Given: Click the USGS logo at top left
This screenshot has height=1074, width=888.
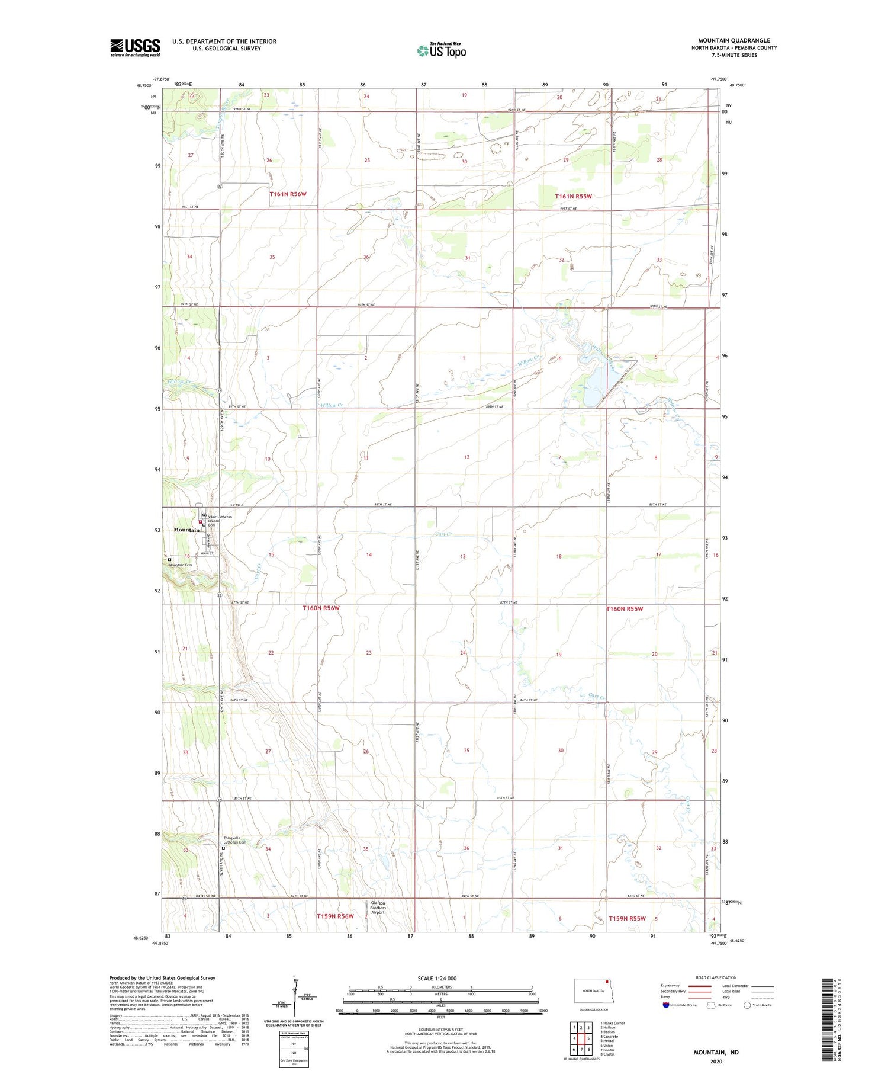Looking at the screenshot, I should click(x=135, y=47).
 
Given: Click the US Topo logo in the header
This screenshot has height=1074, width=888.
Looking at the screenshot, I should click(x=442, y=51).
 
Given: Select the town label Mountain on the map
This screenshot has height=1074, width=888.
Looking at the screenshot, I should click(x=186, y=530).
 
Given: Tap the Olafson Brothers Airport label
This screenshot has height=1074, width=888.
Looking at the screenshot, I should click(x=378, y=908).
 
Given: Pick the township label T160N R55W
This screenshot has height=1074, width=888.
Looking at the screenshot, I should click(x=624, y=609).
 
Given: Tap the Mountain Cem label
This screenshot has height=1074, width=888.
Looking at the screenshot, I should click(x=181, y=565).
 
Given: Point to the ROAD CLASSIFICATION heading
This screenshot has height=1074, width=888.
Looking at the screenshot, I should click(x=716, y=977).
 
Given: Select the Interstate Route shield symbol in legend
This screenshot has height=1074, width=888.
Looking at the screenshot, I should click(x=666, y=1005).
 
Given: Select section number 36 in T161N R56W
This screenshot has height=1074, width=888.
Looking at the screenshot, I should click(x=366, y=257).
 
